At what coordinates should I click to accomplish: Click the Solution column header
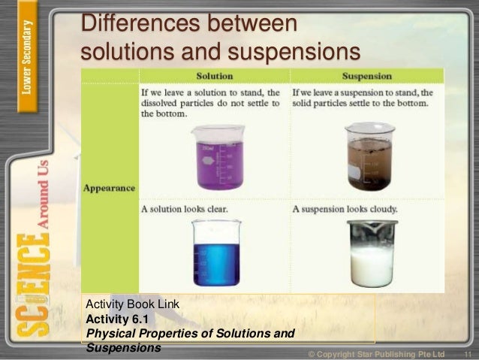click(214, 76)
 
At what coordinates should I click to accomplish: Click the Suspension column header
click(368, 76)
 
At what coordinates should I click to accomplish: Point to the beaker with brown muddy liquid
click(369, 156)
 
